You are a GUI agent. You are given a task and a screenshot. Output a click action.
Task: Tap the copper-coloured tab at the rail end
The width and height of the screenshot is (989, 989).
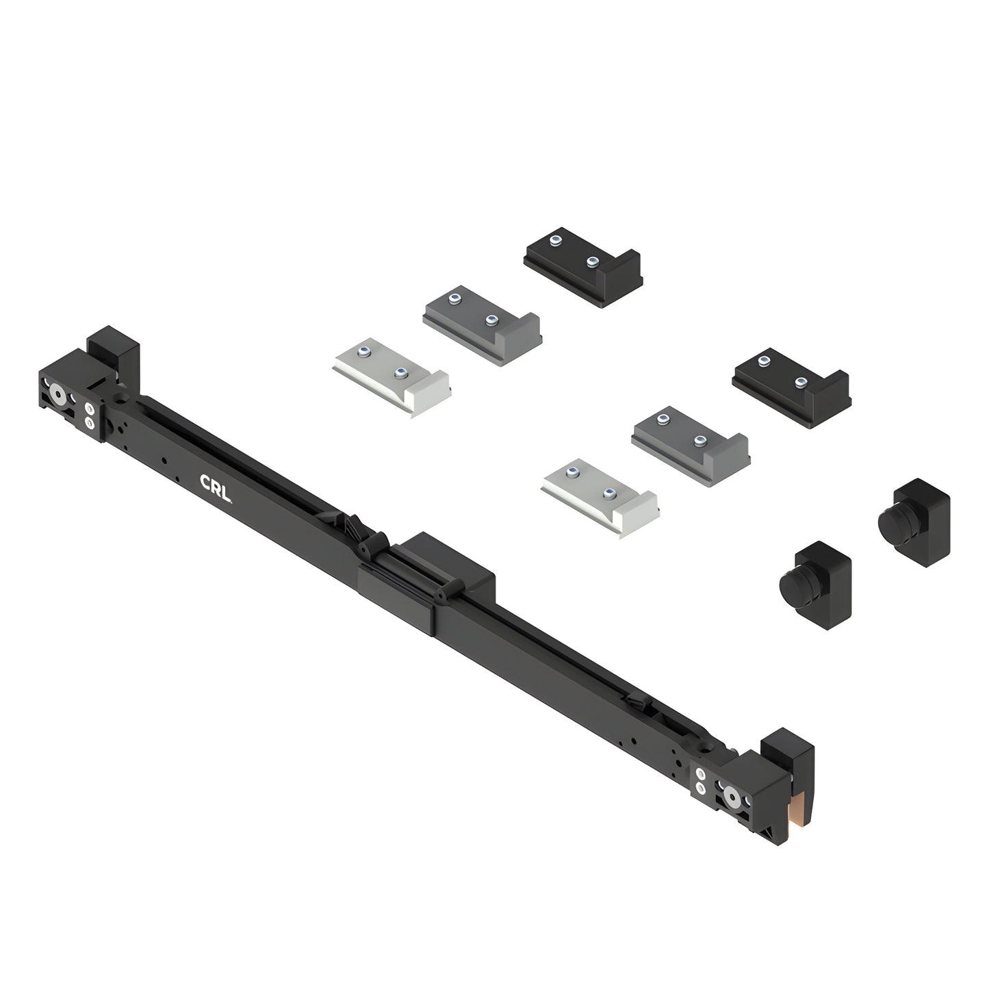pyautogui.click(x=797, y=810)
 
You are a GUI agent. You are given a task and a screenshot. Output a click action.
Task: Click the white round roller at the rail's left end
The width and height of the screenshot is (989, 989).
pyautogui.click(x=57, y=395)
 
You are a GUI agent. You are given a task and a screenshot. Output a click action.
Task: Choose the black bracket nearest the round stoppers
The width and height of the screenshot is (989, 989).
pyautogui.click(x=791, y=387)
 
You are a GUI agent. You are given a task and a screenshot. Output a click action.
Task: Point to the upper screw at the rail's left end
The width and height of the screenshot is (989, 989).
pyautogui.click(x=89, y=409)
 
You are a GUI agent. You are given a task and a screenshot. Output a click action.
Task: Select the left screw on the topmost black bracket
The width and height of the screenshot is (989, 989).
pyautogui.click(x=556, y=240)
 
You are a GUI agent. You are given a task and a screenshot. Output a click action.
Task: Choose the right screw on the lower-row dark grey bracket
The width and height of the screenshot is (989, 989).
pyautogui.click(x=700, y=441)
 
